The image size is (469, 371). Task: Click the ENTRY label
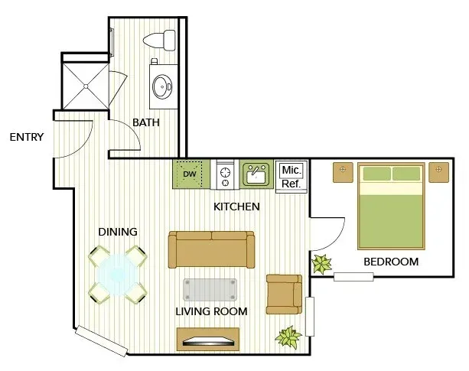pos(27,137)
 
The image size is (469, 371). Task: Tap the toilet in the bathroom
pos(159,41)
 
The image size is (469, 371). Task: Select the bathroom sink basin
pos(162,86)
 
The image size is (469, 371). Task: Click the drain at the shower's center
pos(86,86)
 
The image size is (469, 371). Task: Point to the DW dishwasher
pos(191,174)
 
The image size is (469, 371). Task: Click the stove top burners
pos(225,174)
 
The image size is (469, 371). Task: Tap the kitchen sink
pos(256,174)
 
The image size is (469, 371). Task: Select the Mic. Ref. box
pos(291,177)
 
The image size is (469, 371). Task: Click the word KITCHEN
pos(236,207)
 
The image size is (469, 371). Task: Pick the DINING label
pos(118,232)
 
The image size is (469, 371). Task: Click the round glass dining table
pos(118,274)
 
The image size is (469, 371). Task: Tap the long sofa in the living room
pos(211,249)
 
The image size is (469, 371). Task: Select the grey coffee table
pos(210,290)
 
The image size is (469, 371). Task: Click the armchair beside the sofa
pos(284,295)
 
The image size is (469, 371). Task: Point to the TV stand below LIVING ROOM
pos(208,340)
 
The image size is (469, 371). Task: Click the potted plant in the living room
pos(288,337)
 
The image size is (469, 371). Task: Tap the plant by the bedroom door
pos(321,264)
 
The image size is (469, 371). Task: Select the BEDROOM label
pos(391,262)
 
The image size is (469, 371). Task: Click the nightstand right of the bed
pos(439,172)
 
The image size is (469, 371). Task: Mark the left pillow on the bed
pos(377,174)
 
